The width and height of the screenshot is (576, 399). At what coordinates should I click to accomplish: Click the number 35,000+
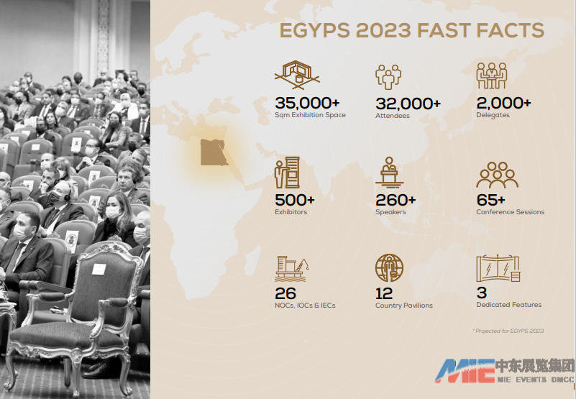[307, 104]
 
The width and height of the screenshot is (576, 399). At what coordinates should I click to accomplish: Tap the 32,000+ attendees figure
[408, 104]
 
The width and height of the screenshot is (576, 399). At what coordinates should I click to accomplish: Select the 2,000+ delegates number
[503, 104]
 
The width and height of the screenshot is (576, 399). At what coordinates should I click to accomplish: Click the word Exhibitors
[291, 212]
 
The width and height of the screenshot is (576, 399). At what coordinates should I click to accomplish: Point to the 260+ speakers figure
[396, 201]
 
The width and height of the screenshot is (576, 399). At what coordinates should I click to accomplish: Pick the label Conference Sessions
[511, 212]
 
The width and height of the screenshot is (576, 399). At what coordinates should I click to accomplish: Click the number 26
[285, 293]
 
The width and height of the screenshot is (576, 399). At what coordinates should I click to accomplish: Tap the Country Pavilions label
[403, 306]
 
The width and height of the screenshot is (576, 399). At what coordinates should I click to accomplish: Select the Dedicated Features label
[509, 305]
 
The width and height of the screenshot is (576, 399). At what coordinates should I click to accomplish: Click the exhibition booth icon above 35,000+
[297, 75]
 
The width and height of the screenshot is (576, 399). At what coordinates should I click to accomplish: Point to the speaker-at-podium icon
[389, 173]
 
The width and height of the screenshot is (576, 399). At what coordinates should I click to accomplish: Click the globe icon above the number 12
[389, 267]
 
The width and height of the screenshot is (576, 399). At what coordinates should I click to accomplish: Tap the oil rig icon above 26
[292, 269]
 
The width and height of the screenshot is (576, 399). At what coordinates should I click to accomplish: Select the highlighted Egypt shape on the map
[214, 152]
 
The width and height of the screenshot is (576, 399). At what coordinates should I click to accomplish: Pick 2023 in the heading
[383, 30]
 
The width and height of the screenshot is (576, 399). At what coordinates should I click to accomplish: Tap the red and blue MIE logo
[465, 371]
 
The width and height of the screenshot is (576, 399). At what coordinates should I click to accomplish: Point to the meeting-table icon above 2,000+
[492, 75]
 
